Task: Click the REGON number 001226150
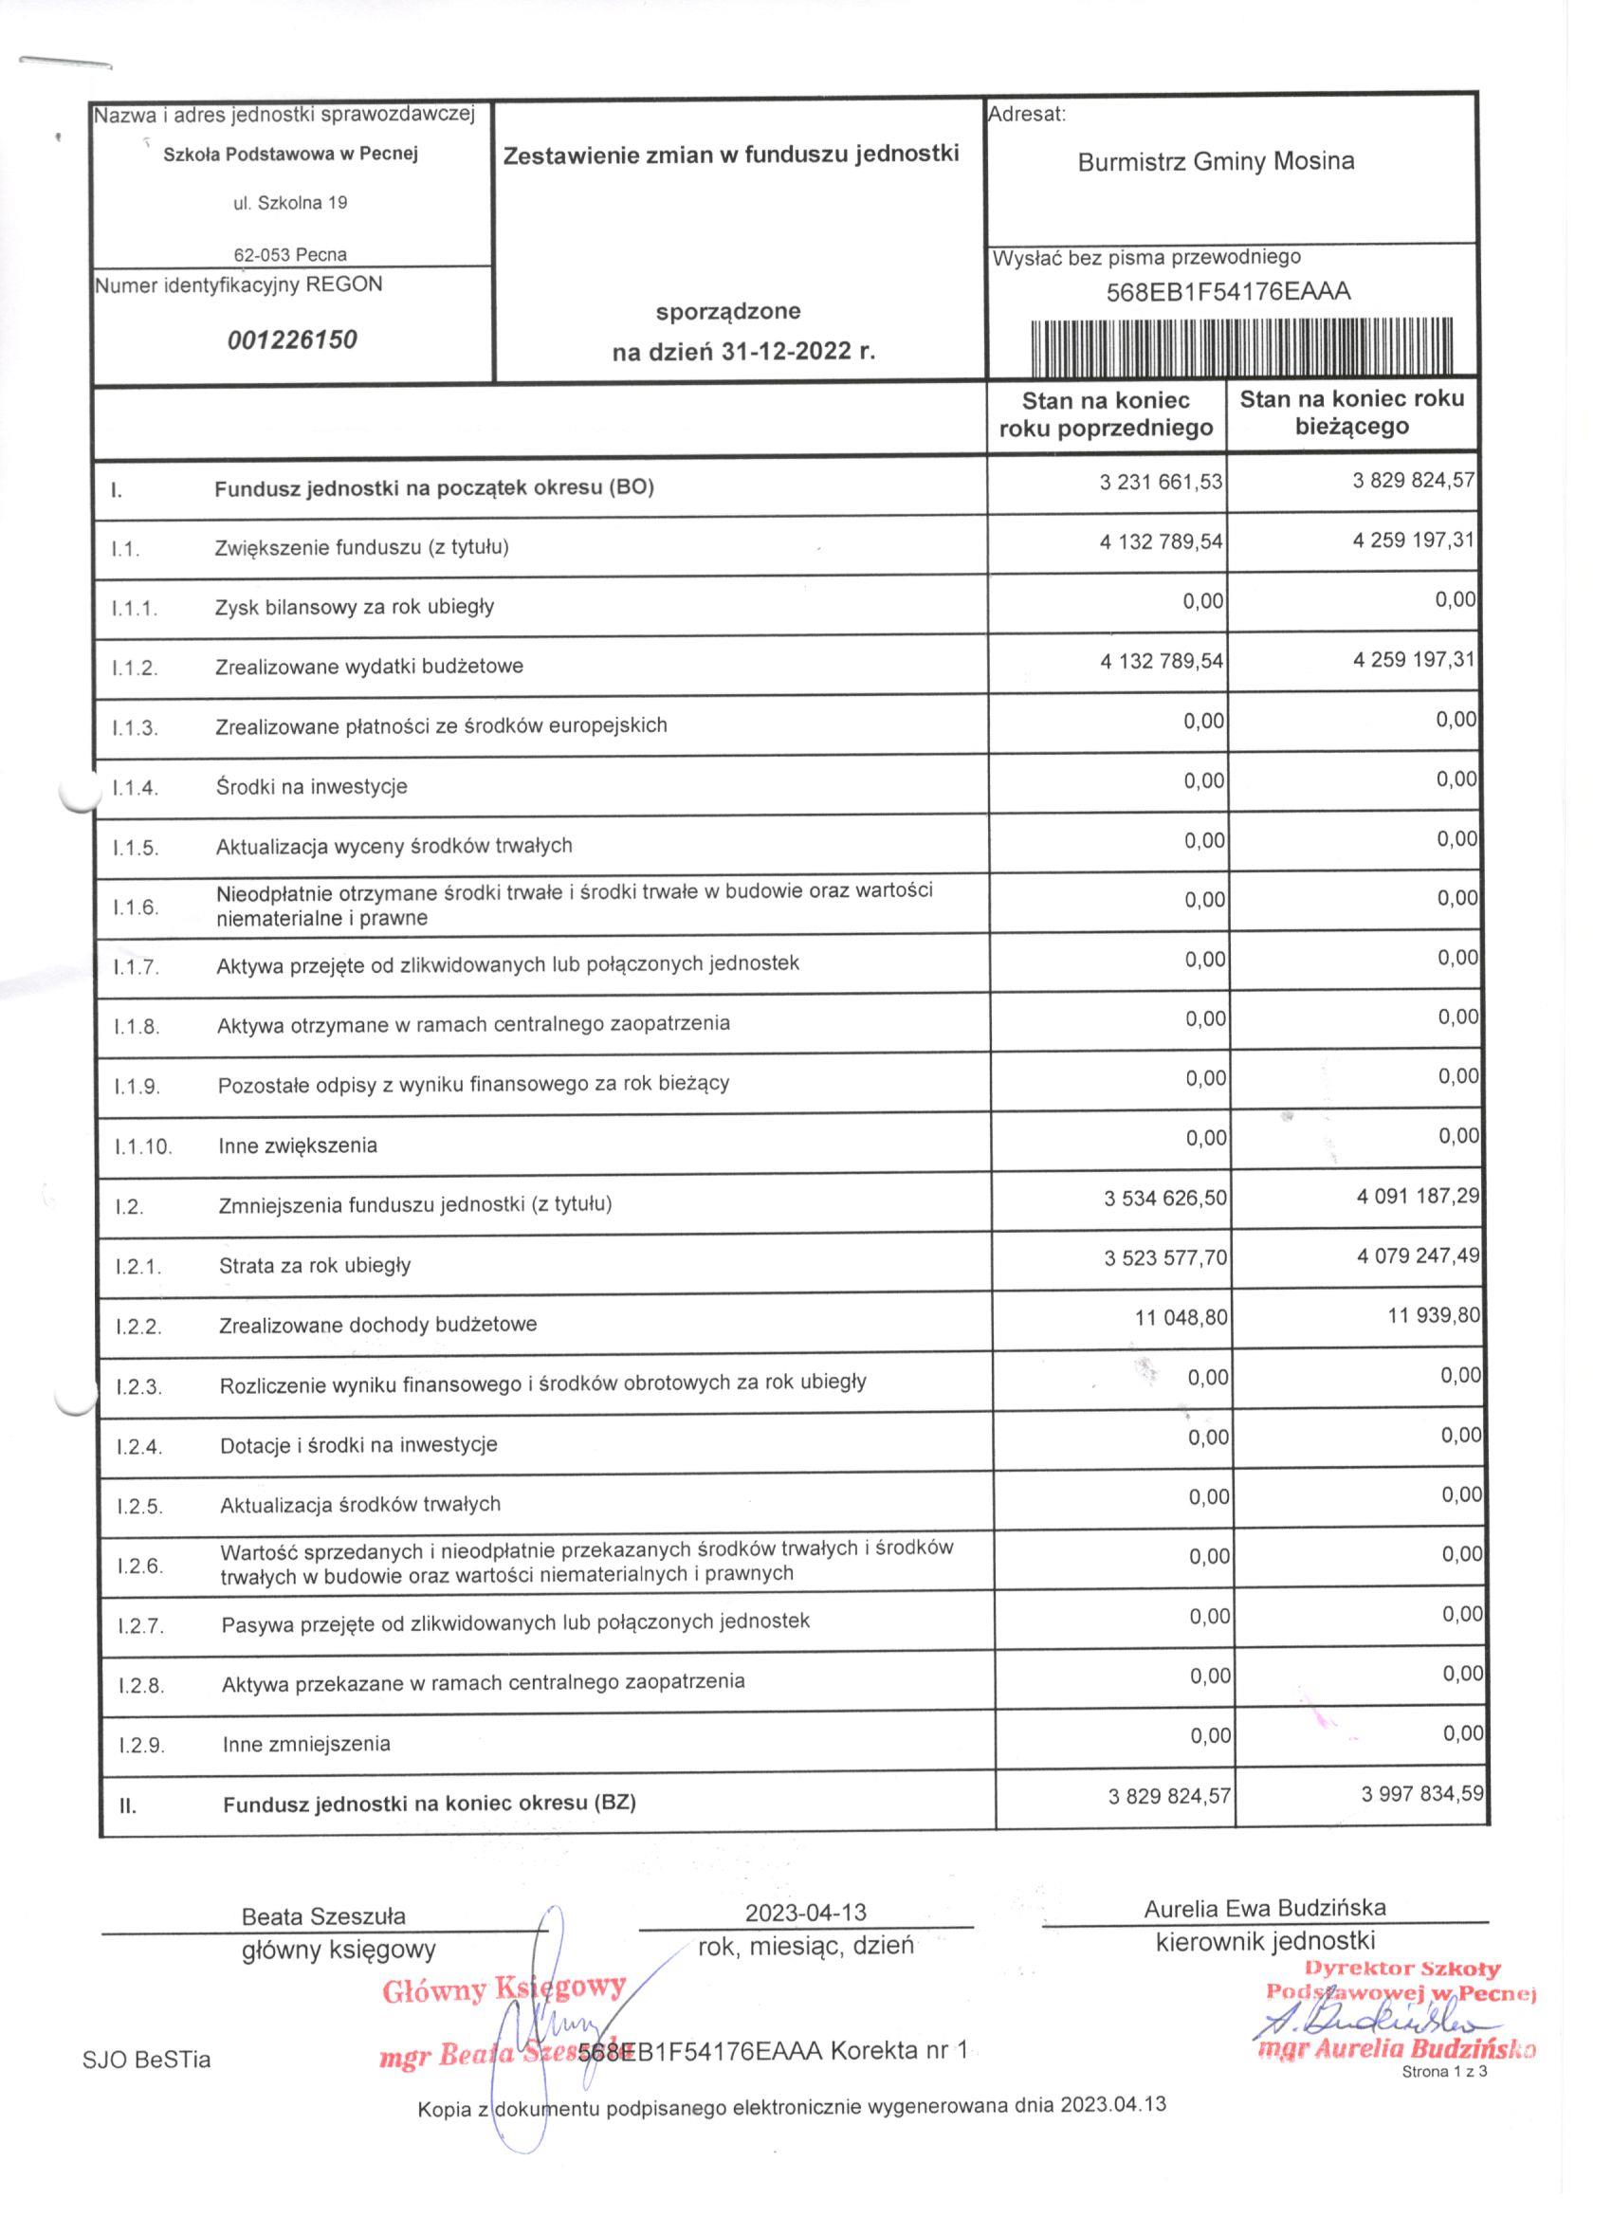tap(291, 340)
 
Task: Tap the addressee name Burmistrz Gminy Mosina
tap(1215, 161)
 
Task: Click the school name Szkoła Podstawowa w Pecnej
tap(290, 154)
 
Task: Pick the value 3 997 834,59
tap(1422, 1793)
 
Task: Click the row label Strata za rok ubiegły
tap(314, 1265)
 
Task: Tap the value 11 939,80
tap(1433, 1315)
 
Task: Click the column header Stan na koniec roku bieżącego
tap(1352, 412)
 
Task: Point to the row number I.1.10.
tap(143, 1146)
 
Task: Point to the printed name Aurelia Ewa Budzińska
tap(1264, 1907)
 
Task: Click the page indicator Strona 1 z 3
tap(1444, 2071)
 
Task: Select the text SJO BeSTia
tap(147, 2060)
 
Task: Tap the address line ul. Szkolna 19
tap(289, 203)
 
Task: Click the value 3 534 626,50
tap(1165, 1198)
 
